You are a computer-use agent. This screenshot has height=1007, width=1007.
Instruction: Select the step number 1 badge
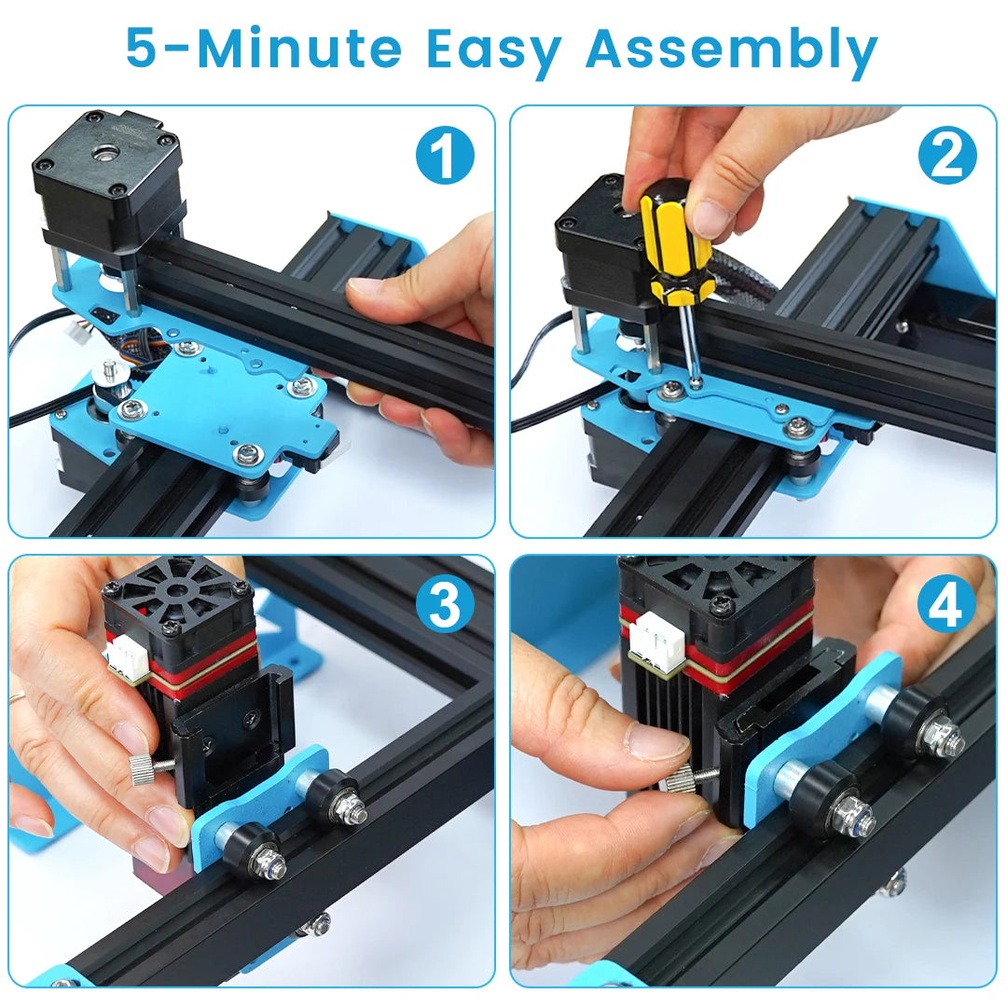445,156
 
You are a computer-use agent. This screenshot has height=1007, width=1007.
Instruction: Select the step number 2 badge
946,156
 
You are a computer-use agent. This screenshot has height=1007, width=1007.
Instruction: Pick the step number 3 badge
445,606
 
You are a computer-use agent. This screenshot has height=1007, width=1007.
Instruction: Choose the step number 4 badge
946,606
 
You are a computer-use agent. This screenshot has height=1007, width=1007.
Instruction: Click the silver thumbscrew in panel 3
142,766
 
